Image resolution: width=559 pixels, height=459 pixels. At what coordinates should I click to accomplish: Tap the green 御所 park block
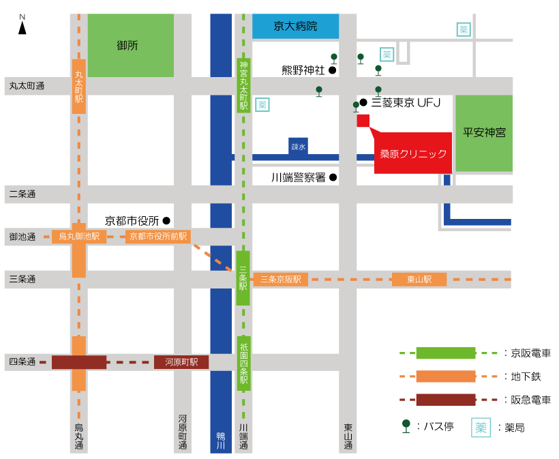(131, 45)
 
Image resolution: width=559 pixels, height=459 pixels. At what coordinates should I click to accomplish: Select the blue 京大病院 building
(296, 26)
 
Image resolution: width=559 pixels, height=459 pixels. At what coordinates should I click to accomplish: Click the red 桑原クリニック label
(413, 153)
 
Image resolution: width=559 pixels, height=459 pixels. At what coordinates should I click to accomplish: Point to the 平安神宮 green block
(484, 133)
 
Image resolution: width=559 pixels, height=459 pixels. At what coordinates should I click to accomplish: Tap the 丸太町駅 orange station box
(79, 87)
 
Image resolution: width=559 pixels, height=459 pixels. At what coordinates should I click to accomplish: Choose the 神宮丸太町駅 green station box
(244, 86)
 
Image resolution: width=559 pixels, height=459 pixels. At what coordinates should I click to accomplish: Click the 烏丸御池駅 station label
(79, 237)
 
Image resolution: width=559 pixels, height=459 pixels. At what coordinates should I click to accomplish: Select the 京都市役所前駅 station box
(158, 237)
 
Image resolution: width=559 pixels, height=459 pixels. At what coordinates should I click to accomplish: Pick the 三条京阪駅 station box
(281, 279)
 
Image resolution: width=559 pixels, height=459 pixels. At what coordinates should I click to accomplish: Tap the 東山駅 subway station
(419, 279)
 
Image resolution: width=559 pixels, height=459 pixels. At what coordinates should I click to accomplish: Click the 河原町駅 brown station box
(181, 362)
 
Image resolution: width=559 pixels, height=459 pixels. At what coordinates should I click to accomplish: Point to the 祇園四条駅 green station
(244, 364)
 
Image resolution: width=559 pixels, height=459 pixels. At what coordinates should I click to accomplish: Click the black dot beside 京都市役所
(166, 221)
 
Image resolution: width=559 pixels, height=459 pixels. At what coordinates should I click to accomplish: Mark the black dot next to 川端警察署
(333, 177)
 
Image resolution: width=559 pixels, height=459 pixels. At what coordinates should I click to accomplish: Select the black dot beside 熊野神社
(332, 70)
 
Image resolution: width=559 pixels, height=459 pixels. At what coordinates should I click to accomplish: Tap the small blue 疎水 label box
(299, 147)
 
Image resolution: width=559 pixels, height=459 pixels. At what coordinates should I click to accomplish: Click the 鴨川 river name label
(221, 441)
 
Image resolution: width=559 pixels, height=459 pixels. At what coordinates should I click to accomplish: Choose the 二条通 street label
(22, 194)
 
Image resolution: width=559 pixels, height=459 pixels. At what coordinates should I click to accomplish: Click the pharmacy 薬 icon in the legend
(481, 427)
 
